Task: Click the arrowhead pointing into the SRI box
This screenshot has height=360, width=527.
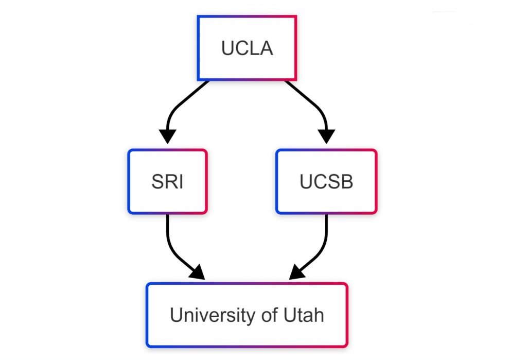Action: point(168,136)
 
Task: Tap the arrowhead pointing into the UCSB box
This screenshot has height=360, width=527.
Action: point(327,136)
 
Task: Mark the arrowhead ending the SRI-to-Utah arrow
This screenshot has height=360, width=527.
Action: point(197,271)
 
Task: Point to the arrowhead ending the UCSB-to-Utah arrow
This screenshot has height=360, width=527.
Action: point(297,271)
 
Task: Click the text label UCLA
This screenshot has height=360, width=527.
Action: point(247,48)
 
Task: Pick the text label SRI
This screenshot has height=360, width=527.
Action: point(167,182)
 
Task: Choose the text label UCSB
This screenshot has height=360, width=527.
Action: point(326,182)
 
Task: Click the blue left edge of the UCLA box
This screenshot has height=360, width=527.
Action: point(199,48)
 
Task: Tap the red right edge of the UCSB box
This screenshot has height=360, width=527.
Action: point(376,181)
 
